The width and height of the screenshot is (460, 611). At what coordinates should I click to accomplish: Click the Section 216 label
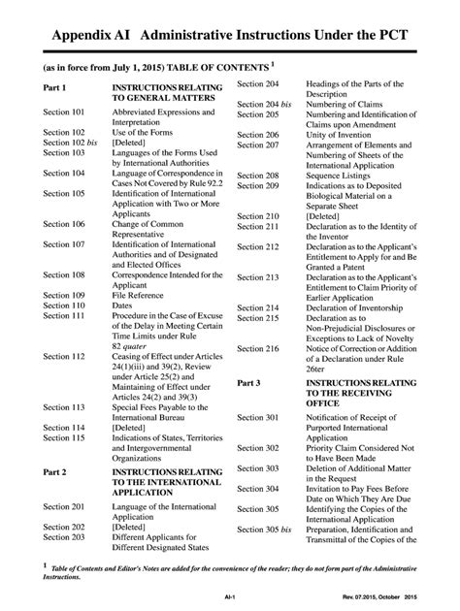[x=259, y=347]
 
